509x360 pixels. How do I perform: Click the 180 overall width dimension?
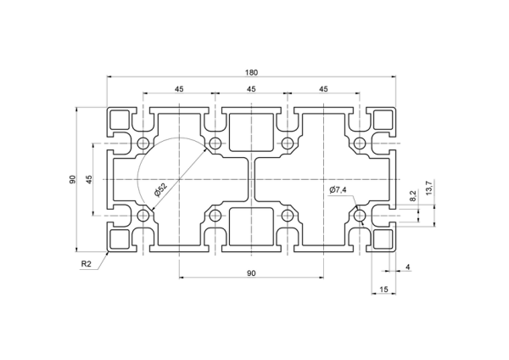(251, 72)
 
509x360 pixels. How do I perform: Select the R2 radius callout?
(86, 264)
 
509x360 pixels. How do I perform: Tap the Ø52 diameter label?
(160, 190)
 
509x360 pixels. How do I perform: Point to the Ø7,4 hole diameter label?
(338, 189)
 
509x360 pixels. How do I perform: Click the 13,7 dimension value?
(429, 188)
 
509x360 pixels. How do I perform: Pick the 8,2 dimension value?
(412, 196)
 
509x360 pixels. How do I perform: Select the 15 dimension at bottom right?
(383, 290)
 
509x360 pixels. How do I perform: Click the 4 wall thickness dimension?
(408, 267)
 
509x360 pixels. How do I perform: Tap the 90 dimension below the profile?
(251, 273)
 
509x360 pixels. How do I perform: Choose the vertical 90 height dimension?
(72, 179)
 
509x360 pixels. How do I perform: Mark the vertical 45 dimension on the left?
(89, 179)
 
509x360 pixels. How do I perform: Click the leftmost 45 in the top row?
(179, 88)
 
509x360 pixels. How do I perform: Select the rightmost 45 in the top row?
(323, 88)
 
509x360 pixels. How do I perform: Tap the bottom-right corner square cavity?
(383, 239)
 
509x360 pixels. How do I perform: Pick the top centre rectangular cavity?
(251, 132)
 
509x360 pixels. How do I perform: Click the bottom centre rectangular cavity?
(251, 227)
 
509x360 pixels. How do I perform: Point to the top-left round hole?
(143, 143)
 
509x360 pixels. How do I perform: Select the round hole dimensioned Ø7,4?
(360, 215)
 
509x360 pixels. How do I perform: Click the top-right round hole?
(360, 143)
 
